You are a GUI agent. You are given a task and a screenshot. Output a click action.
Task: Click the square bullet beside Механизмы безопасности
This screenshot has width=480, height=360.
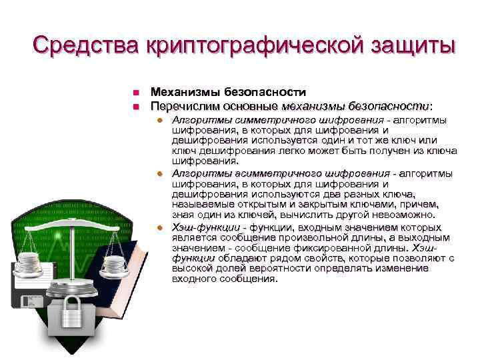[x=135, y=92]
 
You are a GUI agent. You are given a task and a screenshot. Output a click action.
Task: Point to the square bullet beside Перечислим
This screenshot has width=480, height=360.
[x=135, y=107]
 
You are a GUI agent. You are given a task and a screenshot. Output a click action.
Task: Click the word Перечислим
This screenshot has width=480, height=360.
[x=182, y=106]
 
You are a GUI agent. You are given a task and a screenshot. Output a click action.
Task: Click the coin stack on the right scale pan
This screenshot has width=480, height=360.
[x=113, y=265]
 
